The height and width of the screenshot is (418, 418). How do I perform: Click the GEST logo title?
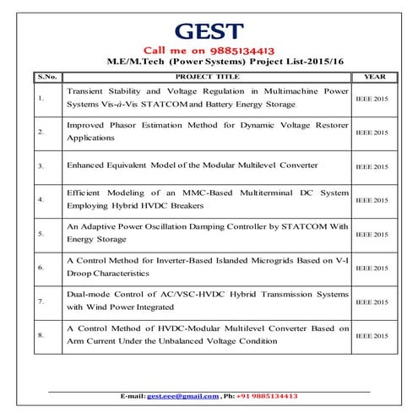pos(208,31)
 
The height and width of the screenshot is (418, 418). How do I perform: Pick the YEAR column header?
pos(373,76)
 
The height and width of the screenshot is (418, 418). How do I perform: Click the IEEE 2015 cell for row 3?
pos(372,167)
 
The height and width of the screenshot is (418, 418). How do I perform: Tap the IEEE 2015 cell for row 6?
pos(372,269)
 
